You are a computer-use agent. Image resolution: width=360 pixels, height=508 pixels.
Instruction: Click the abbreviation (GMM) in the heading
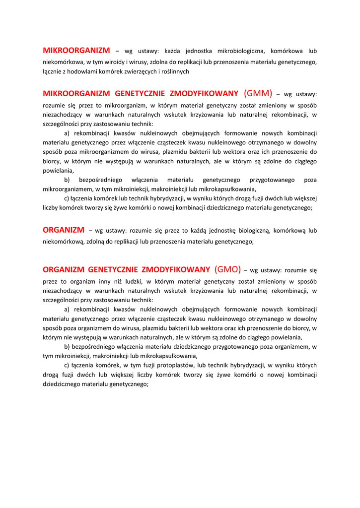click(258, 93)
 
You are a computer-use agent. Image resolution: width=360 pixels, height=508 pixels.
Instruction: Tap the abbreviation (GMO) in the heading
click(228, 269)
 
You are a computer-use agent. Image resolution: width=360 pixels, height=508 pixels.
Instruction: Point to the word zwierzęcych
click(141, 71)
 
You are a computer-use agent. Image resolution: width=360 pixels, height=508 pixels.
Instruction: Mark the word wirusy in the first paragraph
click(144, 62)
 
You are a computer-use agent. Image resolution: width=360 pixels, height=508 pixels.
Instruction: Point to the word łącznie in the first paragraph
click(52, 71)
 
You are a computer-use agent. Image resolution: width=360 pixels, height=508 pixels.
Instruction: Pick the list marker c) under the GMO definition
click(68, 365)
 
